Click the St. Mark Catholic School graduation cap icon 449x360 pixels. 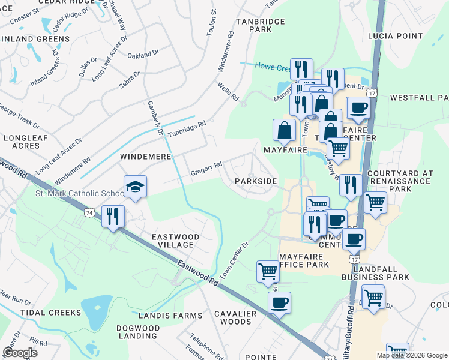click(x=135, y=187)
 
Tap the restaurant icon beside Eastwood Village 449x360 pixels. click(x=113, y=217)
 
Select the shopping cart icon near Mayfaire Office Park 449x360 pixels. click(x=268, y=271)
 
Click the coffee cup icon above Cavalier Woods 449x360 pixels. click(x=279, y=302)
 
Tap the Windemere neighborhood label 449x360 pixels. click(x=146, y=156)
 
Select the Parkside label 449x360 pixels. click(x=256, y=181)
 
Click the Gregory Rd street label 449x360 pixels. click(x=206, y=167)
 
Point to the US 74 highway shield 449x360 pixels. click(x=89, y=212)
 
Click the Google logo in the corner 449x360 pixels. click(x=20, y=353)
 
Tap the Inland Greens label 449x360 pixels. click(x=36, y=39)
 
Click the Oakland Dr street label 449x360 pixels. click(x=143, y=55)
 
